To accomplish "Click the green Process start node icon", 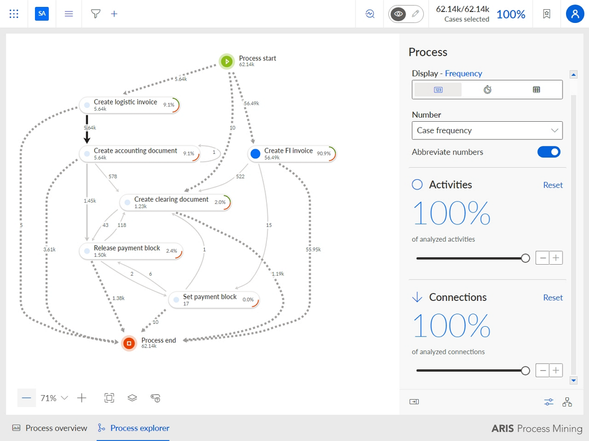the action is click(227, 61).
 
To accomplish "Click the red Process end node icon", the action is click(129, 343).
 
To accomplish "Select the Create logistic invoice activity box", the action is click(129, 105).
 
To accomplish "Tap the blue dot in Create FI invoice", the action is click(255, 153).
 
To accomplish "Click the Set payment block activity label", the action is click(209, 297).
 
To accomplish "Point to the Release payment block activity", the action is click(131, 252).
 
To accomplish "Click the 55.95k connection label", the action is click(313, 249).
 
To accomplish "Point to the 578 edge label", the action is click(113, 176).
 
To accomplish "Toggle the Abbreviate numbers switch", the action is click(549, 152).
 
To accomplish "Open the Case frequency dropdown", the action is click(487, 130).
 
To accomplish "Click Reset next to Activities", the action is click(553, 185).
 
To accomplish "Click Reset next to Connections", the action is click(553, 297).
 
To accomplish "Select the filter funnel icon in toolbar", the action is click(96, 14).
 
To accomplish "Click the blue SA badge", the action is click(41, 14).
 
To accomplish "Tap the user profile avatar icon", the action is click(575, 14).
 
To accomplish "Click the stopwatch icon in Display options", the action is click(487, 90).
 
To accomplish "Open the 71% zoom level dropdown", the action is click(54, 398).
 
